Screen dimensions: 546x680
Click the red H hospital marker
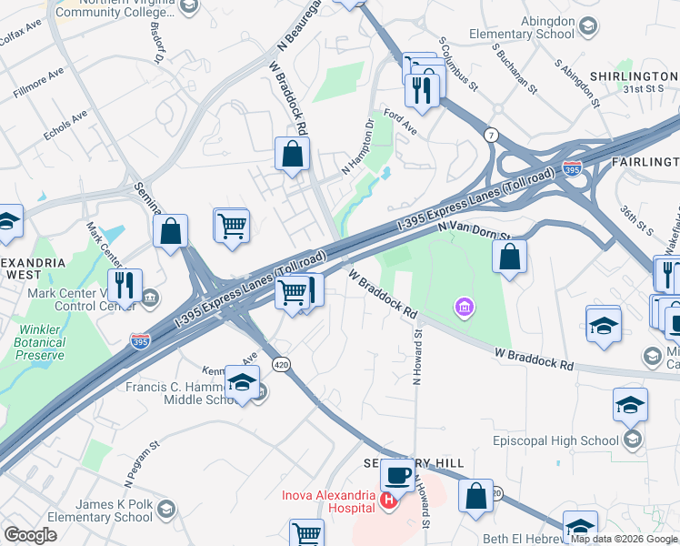tap(389, 500)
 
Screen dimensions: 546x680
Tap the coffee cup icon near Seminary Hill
tap(396, 474)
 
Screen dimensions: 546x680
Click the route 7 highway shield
tap(491, 135)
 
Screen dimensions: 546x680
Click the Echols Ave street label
tap(65, 126)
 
